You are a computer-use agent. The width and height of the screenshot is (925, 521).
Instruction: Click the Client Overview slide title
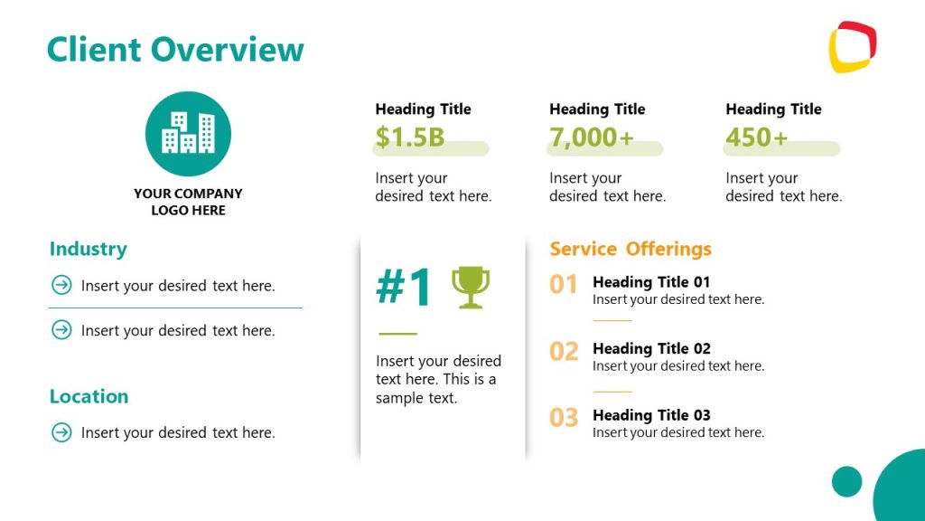pyautogui.click(x=175, y=49)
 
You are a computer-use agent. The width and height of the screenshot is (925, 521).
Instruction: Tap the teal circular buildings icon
pyautogui.click(x=188, y=134)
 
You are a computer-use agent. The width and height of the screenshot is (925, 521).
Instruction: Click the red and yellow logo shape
pyautogui.click(x=852, y=46)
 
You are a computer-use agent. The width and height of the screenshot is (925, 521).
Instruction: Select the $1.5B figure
pyautogui.click(x=410, y=137)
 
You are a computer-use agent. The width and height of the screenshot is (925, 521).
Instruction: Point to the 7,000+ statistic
pyautogui.click(x=592, y=137)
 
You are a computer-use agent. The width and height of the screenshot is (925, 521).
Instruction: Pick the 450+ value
pyautogui.click(x=757, y=137)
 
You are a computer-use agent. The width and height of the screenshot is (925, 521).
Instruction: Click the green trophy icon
pyautogui.click(x=471, y=287)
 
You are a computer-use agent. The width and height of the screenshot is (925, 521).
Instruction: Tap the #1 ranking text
pyautogui.click(x=405, y=288)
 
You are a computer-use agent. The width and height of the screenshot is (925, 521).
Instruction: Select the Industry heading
pyautogui.click(x=88, y=249)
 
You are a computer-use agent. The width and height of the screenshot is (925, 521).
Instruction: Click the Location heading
pyautogui.click(x=89, y=396)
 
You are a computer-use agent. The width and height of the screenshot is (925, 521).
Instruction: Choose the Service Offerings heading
pyautogui.click(x=631, y=249)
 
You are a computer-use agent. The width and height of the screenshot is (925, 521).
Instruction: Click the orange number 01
pyautogui.click(x=564, y=285)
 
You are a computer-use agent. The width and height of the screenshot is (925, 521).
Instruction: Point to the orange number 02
pyautogui.click(x=564, y=351)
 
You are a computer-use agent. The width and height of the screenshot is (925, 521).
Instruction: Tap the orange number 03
pyautogui.click(x=564, y=418)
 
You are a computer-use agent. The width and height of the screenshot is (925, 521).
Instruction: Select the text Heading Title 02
pyautogui.click(x=651, y=348)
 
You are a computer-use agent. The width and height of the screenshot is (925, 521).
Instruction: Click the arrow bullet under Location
pyautogui.click(x=61, y=432)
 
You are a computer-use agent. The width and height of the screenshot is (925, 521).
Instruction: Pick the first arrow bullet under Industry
pyautogui.click(x=61, y=286)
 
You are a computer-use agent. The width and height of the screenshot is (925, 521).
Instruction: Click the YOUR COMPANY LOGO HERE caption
pyautogui.click(x=188, y=202)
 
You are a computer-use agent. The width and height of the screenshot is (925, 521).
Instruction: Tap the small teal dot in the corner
pyautogui.click(x=846, y=481)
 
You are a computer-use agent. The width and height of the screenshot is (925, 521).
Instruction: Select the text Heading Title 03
pyautogui.click(x=651, y=415)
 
